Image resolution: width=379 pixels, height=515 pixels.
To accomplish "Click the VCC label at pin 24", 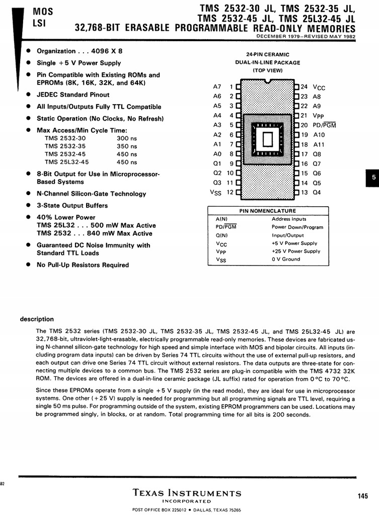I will (x=319, y=87).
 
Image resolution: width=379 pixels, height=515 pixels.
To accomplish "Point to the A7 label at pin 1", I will (x=217, y=87).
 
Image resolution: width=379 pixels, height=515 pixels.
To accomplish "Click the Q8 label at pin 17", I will (x=317, y=154).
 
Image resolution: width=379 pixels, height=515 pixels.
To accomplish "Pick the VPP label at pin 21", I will (x=319, y=116).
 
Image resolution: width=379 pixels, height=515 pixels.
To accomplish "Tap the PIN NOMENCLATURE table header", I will (x=267, y=211).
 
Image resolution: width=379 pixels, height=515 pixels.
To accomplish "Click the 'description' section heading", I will (x=37, y=319).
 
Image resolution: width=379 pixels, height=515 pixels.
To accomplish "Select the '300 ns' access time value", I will (x=127, y=138).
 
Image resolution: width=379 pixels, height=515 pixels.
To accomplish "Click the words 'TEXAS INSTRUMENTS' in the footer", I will (x=187, y=493).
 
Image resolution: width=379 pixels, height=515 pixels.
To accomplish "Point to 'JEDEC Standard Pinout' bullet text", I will (x=73, y=95).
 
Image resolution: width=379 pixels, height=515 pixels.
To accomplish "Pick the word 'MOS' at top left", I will (x=40, y=10).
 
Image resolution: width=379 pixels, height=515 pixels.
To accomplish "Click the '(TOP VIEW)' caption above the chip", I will (x=267, y=70).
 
